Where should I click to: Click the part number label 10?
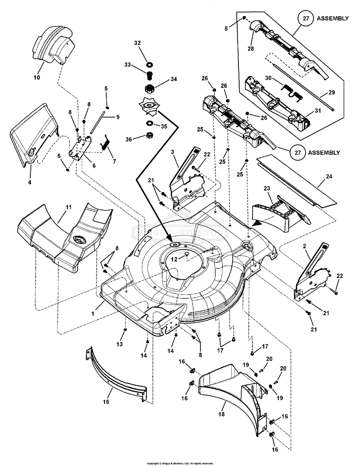pyautogui.click(x=36, y=77)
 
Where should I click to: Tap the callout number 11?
pyautogui.click(x=68, y=207)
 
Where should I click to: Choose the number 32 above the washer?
pyautogui.click(x=137, y=42)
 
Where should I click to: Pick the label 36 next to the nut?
pyautogui.click(x=128, y=139)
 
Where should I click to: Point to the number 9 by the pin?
pyautogui.click(x=118, y=117)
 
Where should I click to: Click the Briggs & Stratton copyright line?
pyautogui.click(x=180, y=463)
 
